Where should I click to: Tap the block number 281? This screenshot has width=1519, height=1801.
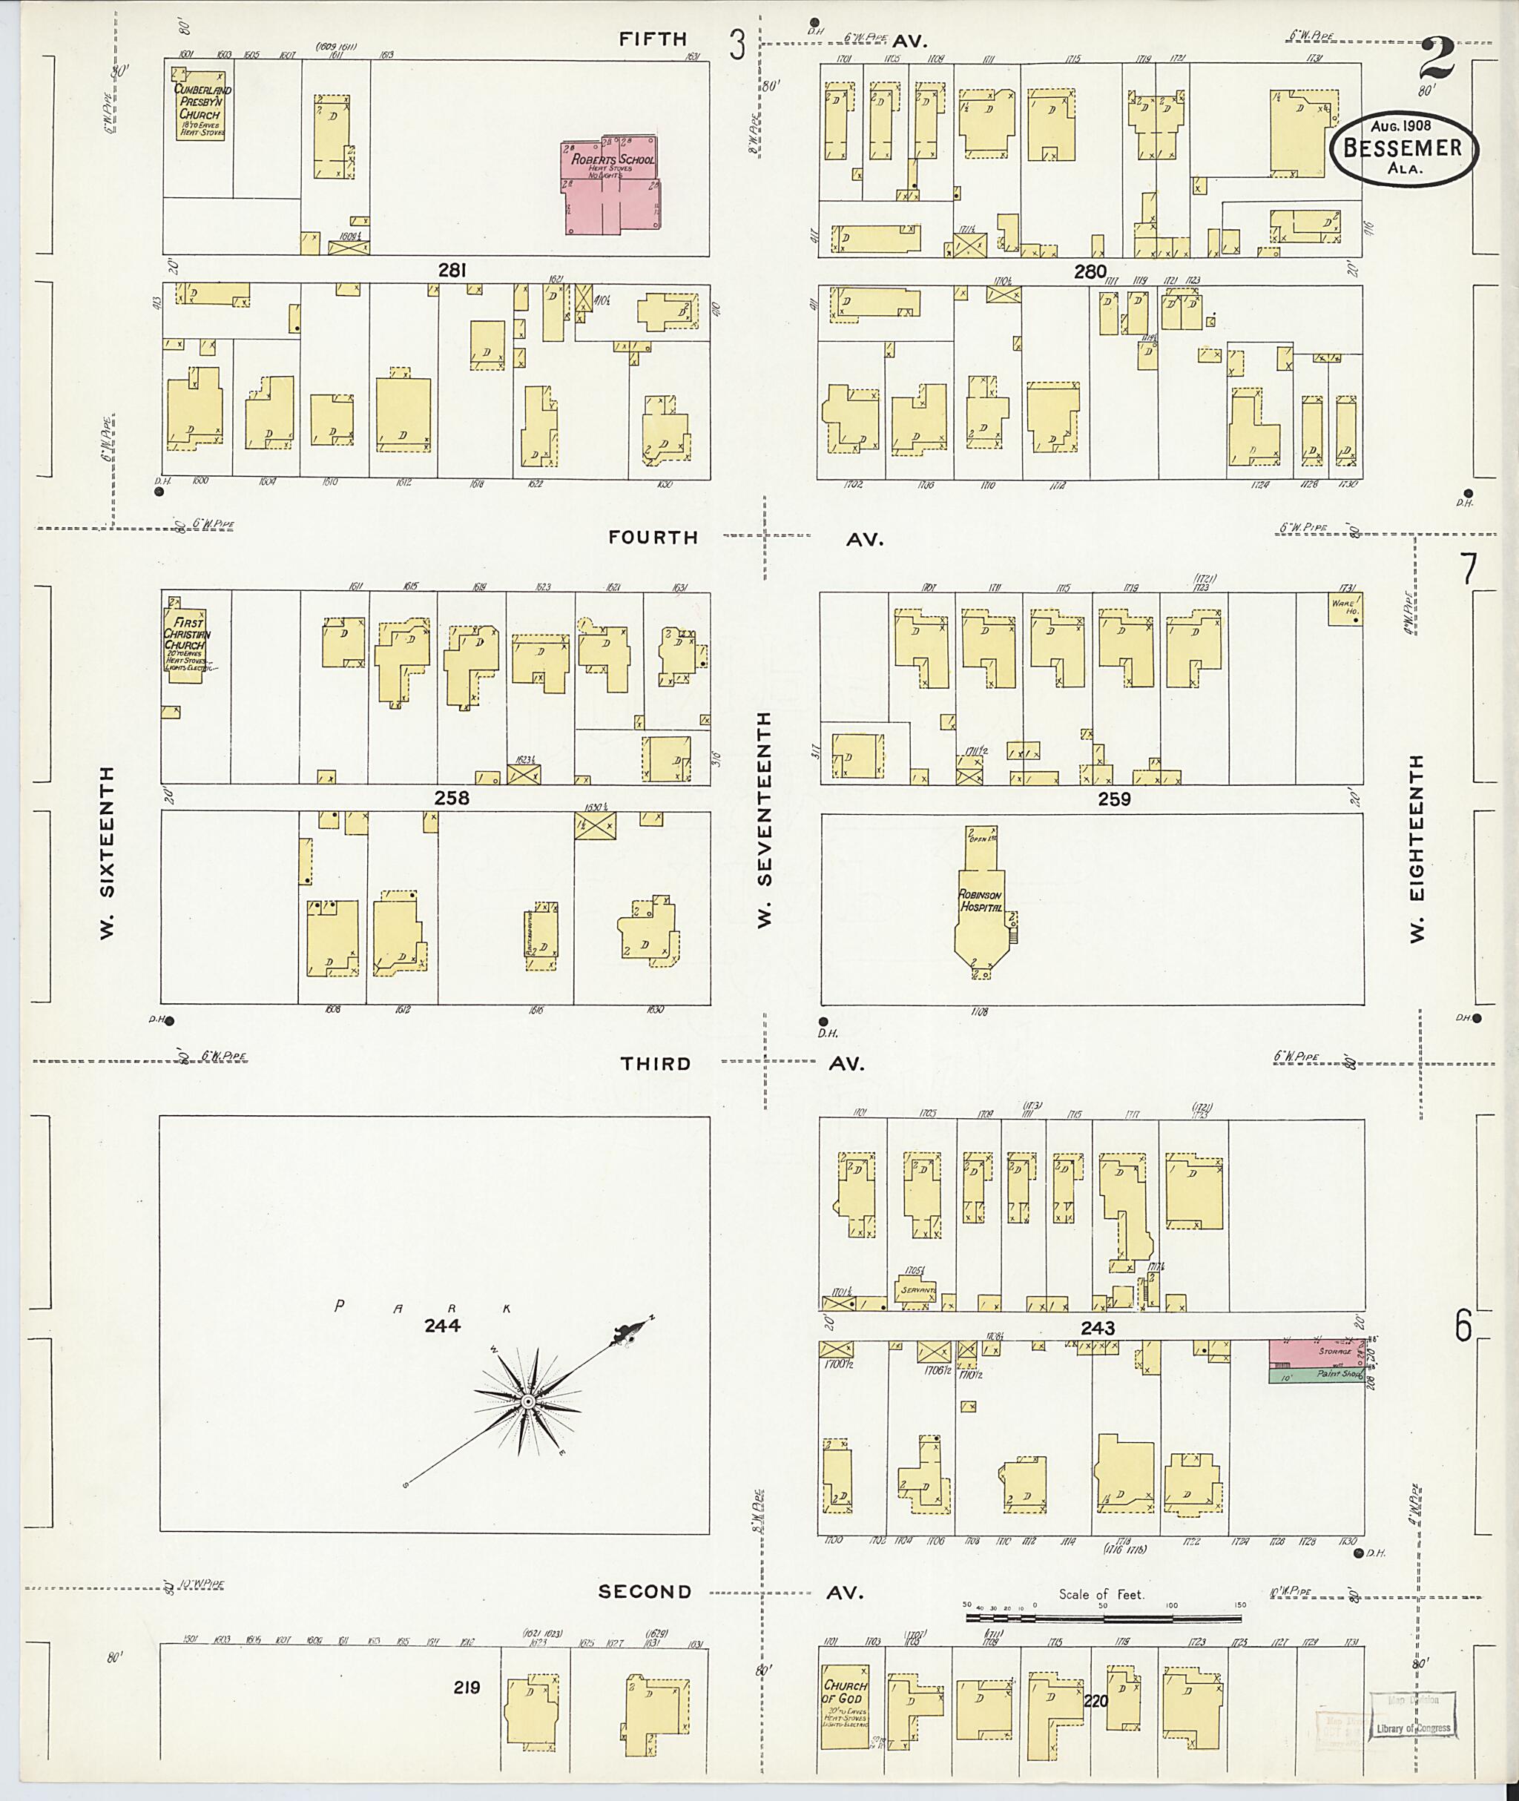click(452, 271)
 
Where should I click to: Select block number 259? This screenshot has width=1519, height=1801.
click(1113, 799)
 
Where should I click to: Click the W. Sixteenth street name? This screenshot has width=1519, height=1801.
click(107, 851)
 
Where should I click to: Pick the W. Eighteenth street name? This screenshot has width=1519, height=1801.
click(1417, 848)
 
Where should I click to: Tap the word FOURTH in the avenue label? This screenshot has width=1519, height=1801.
click(653, 538)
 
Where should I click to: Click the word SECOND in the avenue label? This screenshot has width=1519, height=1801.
click(645, 1592)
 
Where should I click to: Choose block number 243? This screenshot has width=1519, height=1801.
click(1098, 1329)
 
